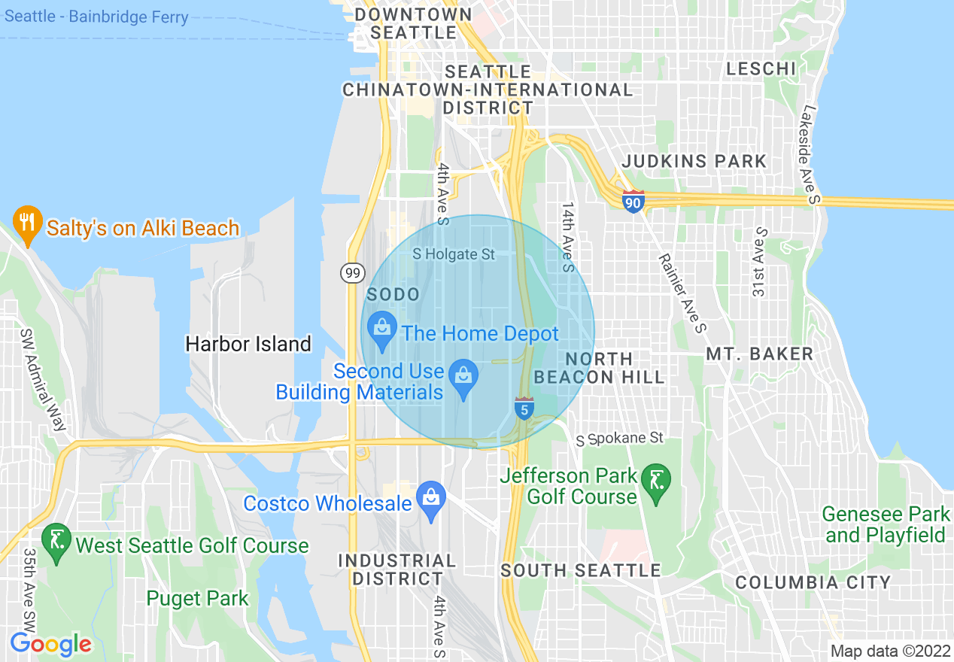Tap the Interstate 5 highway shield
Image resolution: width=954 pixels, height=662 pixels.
click(x=524, y=408)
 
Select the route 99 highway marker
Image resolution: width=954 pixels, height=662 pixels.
click(x=353, y=273)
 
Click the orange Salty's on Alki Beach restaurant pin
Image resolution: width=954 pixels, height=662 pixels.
click(x=28, y=223)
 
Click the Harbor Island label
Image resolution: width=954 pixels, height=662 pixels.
click(x=248, y=345)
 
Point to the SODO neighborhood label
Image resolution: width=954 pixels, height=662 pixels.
click(x=393, y=294)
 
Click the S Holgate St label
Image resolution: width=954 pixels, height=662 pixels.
click(x=454, y=254)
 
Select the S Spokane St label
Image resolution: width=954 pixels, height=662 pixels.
click(x=621, y=438)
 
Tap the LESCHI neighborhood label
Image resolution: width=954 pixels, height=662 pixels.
click(x=761, y=69)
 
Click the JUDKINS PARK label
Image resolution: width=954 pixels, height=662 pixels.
click(x=694, y=161)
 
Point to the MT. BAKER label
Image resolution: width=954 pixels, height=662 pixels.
click(x=759, y=354)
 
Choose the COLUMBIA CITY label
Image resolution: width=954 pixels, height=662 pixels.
click(x=813, y=582)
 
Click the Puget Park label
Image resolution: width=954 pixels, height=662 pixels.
click(x=197, y=599)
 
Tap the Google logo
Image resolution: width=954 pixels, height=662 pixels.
click(x=50, y=645)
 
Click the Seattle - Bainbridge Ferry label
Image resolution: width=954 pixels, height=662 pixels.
click(x=96, y=17)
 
